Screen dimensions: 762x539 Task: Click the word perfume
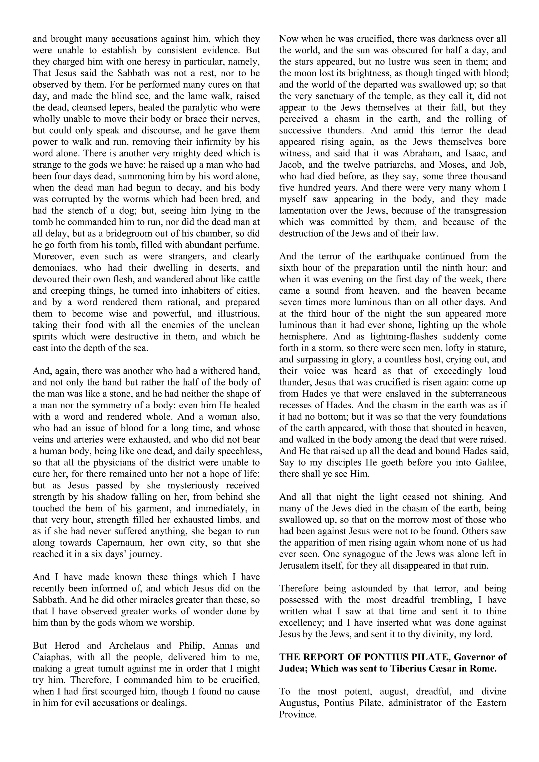[x=240, y=245]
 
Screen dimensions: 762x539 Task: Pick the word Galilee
[x=489, y=463]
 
